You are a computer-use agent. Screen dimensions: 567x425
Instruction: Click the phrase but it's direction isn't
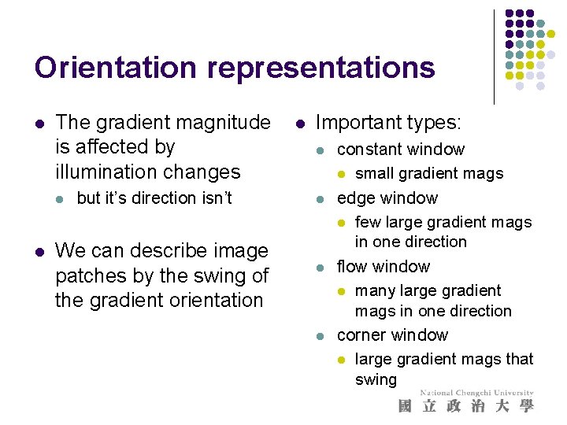tap(154, 198)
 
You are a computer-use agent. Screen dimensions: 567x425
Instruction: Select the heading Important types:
tap(388, 122)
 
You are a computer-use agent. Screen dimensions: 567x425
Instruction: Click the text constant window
tap(401, 150)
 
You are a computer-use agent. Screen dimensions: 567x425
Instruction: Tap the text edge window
tap(387, 198)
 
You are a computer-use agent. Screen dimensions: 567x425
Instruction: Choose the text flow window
tap(384, 266)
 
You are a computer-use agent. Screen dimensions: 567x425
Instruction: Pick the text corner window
tap(392, 335)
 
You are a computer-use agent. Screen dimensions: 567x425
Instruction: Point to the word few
tap(368, 223)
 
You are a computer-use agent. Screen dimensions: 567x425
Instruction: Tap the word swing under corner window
tap(376, 379)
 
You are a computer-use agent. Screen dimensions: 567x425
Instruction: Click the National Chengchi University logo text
tap(476, 393)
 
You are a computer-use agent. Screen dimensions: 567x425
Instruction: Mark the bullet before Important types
tap(299, 123)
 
